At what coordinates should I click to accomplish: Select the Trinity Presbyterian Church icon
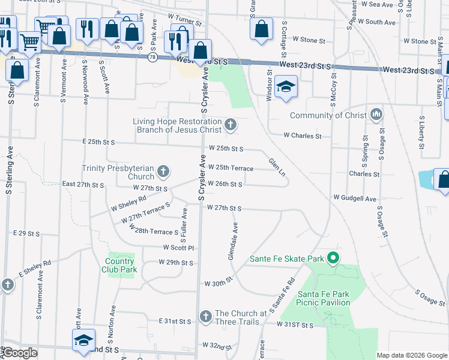(x=163, y=173)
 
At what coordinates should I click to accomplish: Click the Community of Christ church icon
(x=376, y=114)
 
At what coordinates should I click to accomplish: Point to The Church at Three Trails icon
(x=205, y=316)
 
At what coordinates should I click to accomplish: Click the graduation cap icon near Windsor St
(x=287, y=86)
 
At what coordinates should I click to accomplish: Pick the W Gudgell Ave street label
(x=355, y=198)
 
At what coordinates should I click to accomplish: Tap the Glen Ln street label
(x=277, y=167)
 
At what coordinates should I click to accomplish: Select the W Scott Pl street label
(x=179, y=247)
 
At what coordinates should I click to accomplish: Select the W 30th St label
(x=218, y=283)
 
